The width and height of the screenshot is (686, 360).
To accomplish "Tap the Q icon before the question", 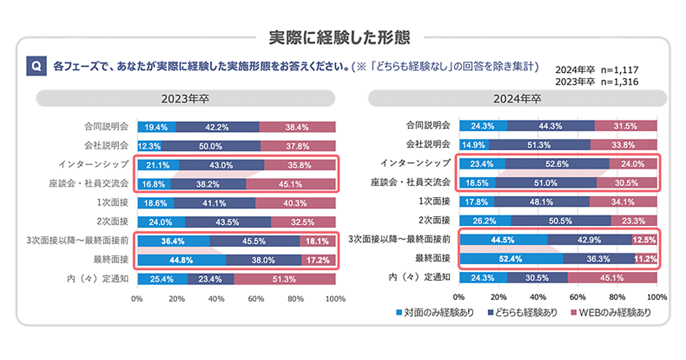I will [35, 66].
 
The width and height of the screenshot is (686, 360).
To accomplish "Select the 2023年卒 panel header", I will [186, 98].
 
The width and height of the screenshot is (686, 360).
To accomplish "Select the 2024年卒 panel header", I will [517, 98].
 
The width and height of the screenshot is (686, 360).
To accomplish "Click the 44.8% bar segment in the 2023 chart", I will [181, 259].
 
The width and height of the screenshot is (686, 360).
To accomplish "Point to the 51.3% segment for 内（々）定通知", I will [284, 279].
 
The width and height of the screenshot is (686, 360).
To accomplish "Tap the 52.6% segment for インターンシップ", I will [557, 164].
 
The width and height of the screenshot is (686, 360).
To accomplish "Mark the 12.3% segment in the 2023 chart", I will [149, 146].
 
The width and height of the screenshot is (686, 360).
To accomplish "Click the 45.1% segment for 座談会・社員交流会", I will [290, 184].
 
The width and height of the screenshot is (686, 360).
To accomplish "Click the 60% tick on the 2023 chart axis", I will [256, 298].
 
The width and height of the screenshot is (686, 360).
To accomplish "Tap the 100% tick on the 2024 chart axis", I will [656, 297].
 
